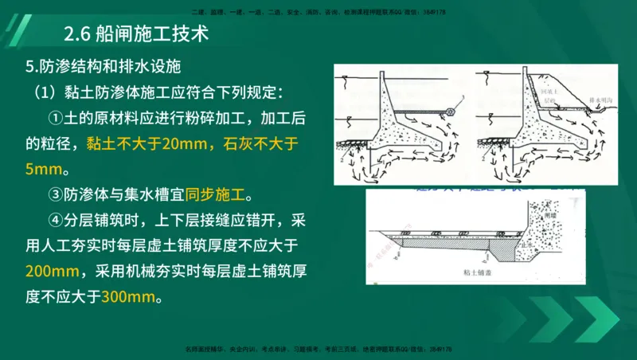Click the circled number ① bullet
click(x=55, y=117)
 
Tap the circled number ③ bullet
click(x=55, y=194)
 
